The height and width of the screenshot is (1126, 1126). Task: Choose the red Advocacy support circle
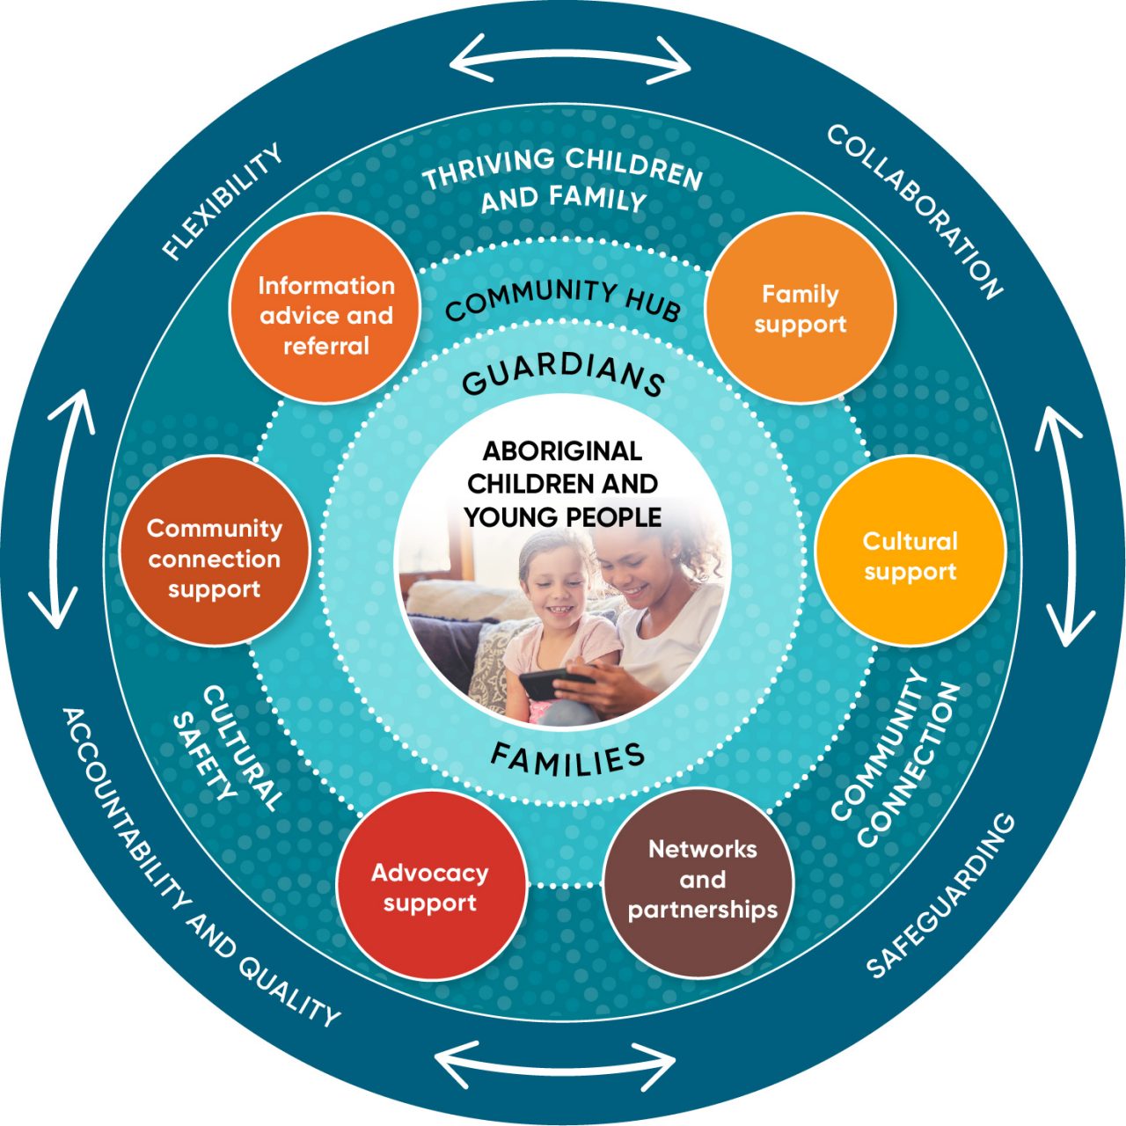[x=430, y=886]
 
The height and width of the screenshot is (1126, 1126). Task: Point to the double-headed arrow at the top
[x=570, y=59]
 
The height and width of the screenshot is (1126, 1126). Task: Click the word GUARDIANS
[x=563, y=375]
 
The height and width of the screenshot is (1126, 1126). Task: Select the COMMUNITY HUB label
[x=563, y=299]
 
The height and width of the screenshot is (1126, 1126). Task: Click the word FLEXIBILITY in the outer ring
[x=223, y=202]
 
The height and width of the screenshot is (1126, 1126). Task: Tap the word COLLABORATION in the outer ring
[x=915, y=211]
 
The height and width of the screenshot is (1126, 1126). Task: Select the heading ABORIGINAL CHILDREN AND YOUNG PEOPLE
[x=563, y=484]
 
